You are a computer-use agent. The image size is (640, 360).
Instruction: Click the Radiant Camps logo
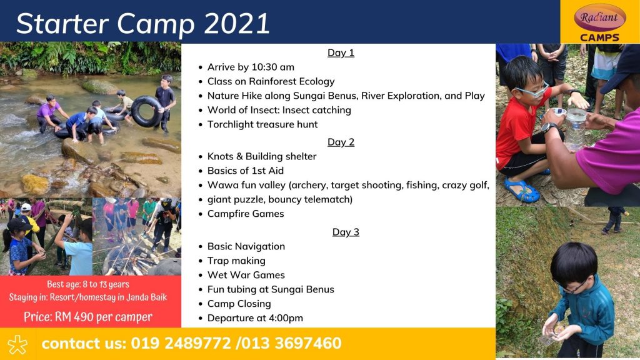tap(599, 22)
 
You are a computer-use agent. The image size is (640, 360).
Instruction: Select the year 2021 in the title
tap(237, 23)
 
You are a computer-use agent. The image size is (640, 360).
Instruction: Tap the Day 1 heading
tap(341, 52)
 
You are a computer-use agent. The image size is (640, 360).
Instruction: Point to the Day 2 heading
tap(341, 142)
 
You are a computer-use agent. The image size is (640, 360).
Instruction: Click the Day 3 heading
tap(346, 232)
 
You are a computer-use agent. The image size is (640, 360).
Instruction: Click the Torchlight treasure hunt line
tap(262, 124)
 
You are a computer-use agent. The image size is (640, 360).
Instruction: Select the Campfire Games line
tap(246, 214)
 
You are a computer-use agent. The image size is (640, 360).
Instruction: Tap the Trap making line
tap(236, 261)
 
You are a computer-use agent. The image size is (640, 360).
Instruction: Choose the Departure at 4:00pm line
tap(255, 318)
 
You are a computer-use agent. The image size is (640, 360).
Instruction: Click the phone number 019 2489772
tap(181, 343)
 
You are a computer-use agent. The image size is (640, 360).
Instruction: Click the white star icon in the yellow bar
tap(17, 345)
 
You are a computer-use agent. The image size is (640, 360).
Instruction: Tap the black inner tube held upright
tap(146, 111)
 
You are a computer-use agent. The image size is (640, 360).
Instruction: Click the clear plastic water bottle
tap(576, 129)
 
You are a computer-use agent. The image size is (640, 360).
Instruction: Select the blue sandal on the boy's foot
tap(522, 190)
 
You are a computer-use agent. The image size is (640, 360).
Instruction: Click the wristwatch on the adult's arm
tap(549, 128)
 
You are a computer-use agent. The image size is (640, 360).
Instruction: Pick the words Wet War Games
tap(246, 275)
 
